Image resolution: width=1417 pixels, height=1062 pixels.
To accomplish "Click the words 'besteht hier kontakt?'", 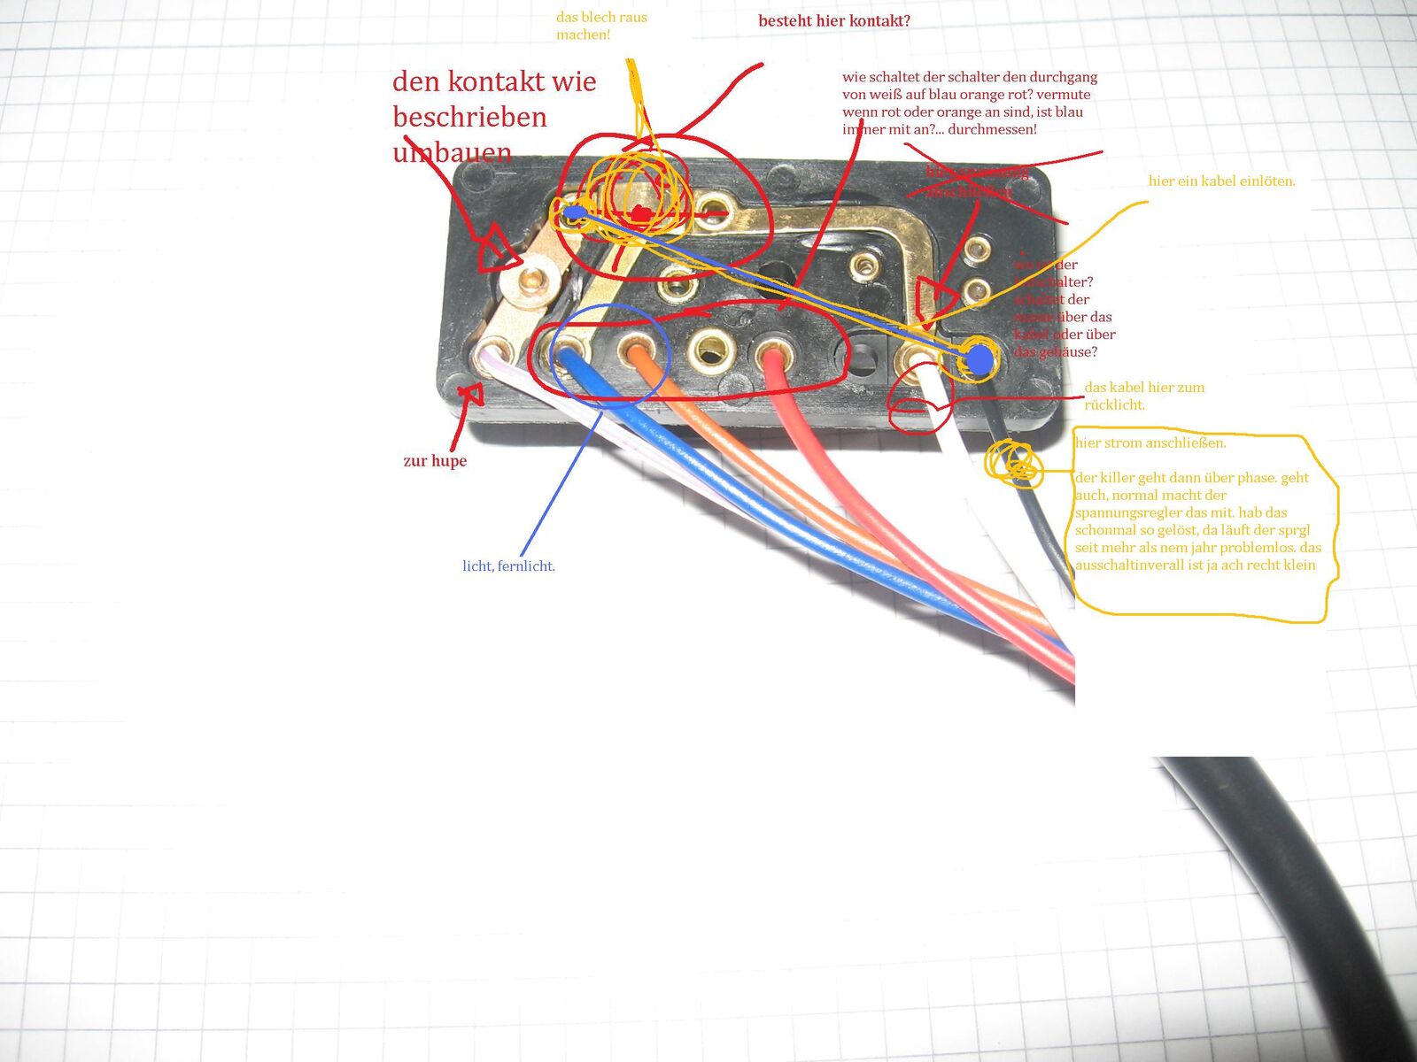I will pyautogui.click(x=833, y=21).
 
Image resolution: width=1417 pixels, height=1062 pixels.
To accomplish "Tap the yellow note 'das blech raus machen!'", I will pyautogui.click(x=600, y=26).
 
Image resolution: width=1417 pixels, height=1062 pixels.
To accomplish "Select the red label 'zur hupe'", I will pyautogui.click(x=434, y=461).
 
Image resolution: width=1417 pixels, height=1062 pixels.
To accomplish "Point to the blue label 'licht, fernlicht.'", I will pyautogui.click(x=508, y=566).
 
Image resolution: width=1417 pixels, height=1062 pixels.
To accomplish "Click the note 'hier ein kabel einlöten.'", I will pyautogui.click(x=1221, y=181).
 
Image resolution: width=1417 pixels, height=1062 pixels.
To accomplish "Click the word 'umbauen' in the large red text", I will pyautogui.click(x=452, y=152).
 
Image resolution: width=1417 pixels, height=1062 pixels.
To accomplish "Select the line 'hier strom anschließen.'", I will pyautogui.click(x=1150, y=443).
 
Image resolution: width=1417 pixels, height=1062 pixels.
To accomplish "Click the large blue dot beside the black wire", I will pyautogui.click(x=979, y=358).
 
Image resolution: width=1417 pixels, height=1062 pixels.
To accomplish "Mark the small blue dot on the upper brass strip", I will pyautogui.click(x=574, y=212).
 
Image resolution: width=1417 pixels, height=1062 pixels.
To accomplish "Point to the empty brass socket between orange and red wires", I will pyautogui.click(x=709, y=349).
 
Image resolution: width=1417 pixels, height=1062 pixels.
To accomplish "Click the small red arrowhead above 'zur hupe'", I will pyautogui.click(x=470, y=393).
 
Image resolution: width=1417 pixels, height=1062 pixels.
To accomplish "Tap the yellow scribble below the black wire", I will pyautogui.click(x=1012, y=463).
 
